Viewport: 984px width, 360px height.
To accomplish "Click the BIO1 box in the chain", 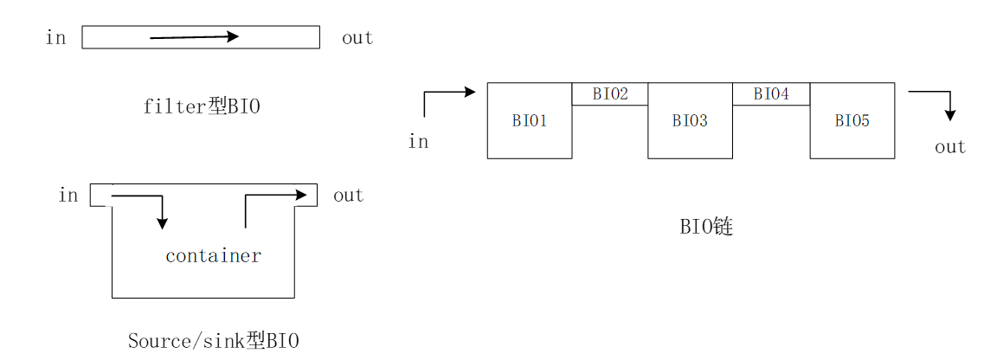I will (x=529, y=121).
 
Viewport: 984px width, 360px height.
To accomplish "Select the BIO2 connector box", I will (x=610, y=94).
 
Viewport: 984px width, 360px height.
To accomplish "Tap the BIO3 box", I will (x=690, y=121).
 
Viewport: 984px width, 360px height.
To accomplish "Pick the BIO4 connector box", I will (x=771, y=94).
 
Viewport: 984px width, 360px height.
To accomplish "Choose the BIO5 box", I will (x=852, y=121).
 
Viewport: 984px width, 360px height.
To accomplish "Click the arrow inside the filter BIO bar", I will (x=195, y=37).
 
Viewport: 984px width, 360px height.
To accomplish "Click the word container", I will (x=213, y=256).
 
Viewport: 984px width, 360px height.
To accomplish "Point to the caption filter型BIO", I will (x=202, y=106).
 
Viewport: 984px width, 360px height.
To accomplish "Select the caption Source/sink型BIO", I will (x=213, y=341).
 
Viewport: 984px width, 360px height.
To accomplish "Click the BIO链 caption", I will (x=706, y=228).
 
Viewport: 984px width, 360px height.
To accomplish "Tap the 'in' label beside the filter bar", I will (x=55, y=38).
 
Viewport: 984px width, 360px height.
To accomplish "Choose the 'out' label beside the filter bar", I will (x=357, y=38).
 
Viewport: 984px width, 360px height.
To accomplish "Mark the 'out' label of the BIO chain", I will (x=949, y=147).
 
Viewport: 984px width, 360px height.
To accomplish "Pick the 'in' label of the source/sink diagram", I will (x=68, y=196).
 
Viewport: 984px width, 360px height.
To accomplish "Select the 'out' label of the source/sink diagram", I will (x=348, y=196).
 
